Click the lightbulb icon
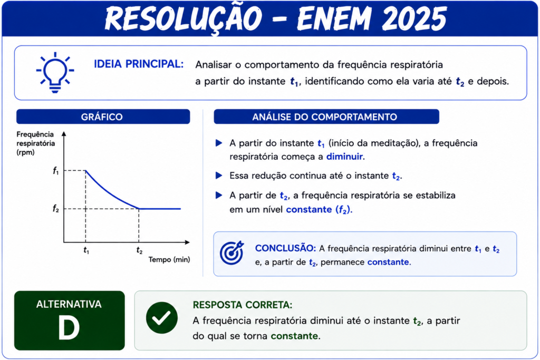(55, 73)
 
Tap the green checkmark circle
(162, 318)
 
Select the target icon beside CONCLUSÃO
(232, 253)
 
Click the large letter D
(69, 328)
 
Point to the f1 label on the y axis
(56, 170)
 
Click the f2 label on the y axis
(56, 209)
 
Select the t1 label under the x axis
(86, 250)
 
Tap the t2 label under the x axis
(139, 250)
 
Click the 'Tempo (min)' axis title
(169, 259)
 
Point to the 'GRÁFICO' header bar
(103, 116)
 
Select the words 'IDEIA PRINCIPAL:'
(139, 64)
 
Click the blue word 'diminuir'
(344, 157)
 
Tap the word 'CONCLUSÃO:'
(285, 248)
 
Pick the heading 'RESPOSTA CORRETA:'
(243, 305)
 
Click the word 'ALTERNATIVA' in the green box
(69, 304)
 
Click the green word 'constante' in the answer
(294, 336)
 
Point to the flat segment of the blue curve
(159, 209)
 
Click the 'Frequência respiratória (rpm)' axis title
(35, 143)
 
